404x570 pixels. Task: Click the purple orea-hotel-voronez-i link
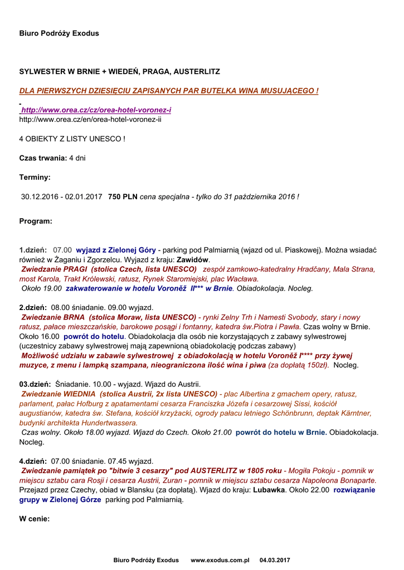coord(96,110)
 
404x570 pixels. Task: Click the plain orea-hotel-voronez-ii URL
coord(90,119)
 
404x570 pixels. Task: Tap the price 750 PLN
coord(123,196)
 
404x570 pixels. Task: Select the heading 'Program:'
coord(36,221)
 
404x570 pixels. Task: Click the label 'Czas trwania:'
coord(43,158)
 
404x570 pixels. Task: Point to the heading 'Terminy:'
coord(35,177)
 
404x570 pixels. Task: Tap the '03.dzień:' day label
coord(35,384)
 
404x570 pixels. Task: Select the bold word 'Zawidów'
coord(193,260)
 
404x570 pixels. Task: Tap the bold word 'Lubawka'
coord(269,490)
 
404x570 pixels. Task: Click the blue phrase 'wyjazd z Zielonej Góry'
coord(116,250)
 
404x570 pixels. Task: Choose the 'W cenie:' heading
coord(35,519)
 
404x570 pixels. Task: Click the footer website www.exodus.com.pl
coord(220,559)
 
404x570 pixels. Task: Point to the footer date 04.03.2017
coord(275,559)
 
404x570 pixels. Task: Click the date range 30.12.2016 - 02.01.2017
coord(62,196)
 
